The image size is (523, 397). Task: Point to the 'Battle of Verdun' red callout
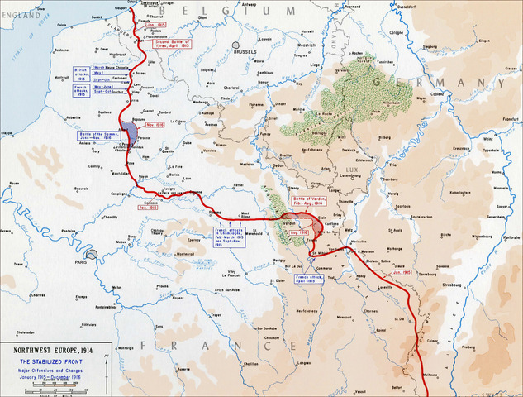tap(307, 203)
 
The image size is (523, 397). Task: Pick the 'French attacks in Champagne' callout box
tap(232, 237)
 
